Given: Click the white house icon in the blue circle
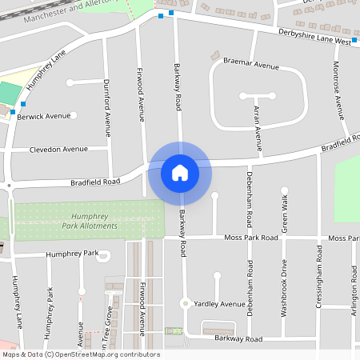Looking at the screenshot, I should click(180, 173).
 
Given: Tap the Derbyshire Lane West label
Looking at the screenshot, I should click(314, 37).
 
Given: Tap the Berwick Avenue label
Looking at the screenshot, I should click(44, 116).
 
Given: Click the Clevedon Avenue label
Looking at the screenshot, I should click(58, 150).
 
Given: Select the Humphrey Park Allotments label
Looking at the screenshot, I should click(94, 222).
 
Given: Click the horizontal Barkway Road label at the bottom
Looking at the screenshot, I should click(238, 339).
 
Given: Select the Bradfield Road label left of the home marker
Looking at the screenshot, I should click(94, 182).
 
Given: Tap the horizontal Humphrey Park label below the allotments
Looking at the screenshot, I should click(70, 254).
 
